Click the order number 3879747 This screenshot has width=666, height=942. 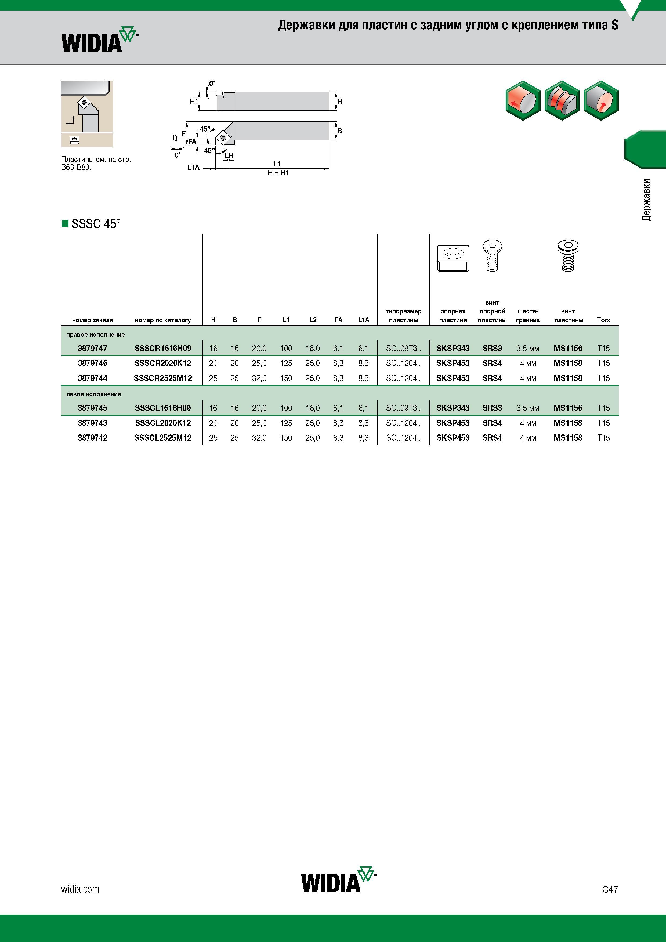click(x=92, y=348)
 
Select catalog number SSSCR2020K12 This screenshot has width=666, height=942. click(x=163, y=363)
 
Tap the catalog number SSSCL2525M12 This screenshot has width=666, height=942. click(x=163, y=438)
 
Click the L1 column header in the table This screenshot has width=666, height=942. click(x=286, y=320)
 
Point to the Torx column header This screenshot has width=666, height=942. click(x=603, y=320)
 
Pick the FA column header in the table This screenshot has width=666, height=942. click(x=339, y=320)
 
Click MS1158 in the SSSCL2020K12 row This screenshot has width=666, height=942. click(x=568, y=423)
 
